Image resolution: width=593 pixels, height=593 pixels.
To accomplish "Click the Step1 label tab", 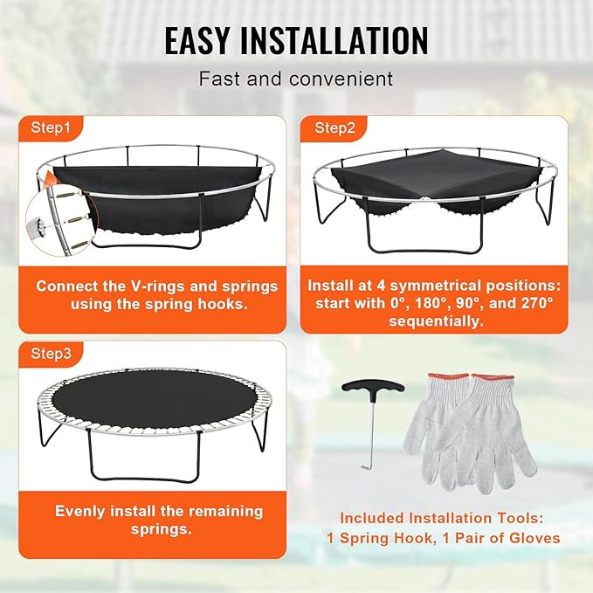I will click(x=52, y=128).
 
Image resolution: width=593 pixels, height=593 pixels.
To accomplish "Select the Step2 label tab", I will click(x=335, y=128).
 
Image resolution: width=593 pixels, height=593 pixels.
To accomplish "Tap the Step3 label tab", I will click(x=52, y=354).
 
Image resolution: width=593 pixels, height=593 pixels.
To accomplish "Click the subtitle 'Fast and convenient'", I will click(x=296, y=79).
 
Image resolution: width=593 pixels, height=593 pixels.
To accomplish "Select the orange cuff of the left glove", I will click(x=428, y=379).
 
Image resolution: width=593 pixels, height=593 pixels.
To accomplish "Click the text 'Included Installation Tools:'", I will click(x=444, y=517).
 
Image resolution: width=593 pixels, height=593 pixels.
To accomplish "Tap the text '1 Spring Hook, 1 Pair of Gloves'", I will click(x=444, y=538).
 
